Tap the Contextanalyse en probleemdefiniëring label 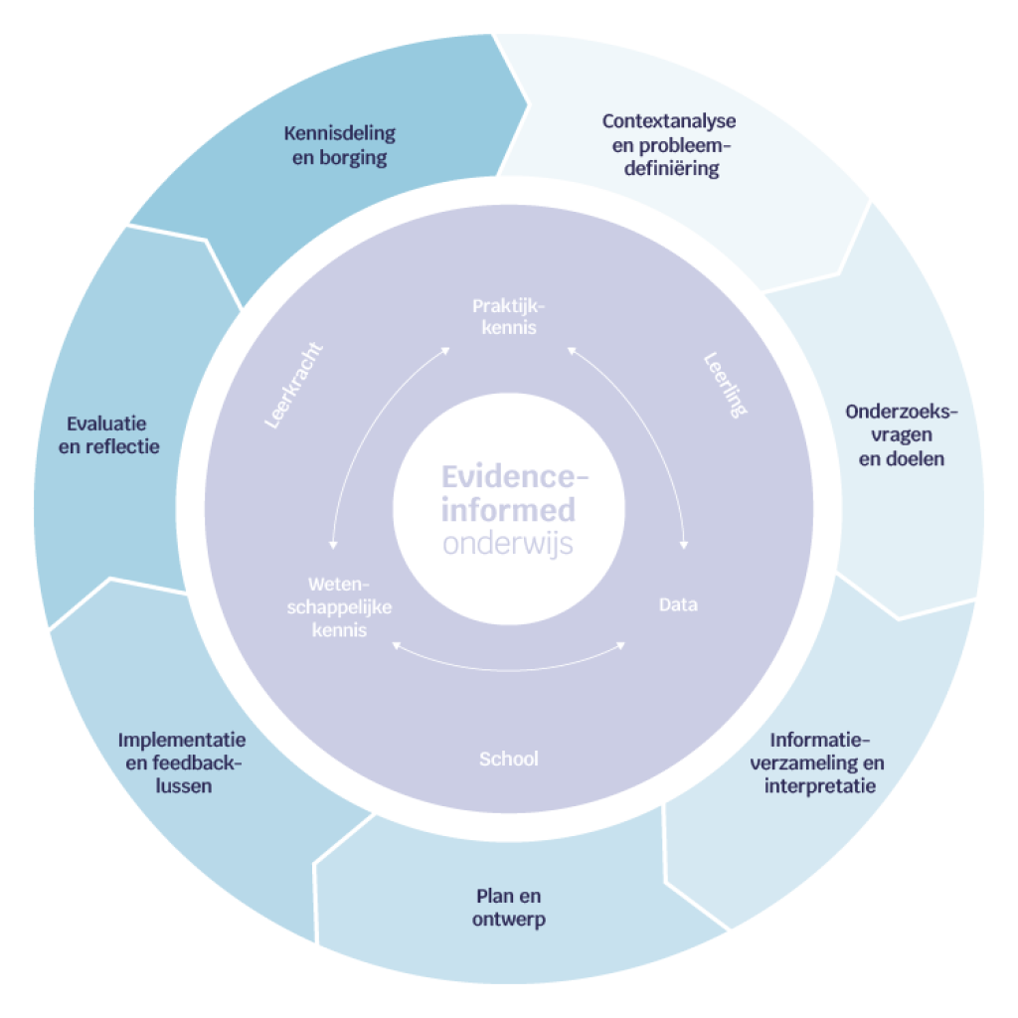click(669, 145)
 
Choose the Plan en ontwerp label click(508, 908)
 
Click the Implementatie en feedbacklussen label click(182, 763)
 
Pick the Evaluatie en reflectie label click(109, 434)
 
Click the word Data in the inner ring click(678, 604)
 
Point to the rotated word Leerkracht click(295, 387)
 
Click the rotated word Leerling click(725, 386)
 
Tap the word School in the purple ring click(508, 760)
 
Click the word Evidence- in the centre click(514, 475)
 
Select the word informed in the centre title click(508, 511)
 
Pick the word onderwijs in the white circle click(508, 545)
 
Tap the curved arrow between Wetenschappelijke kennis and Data click(509, 667)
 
